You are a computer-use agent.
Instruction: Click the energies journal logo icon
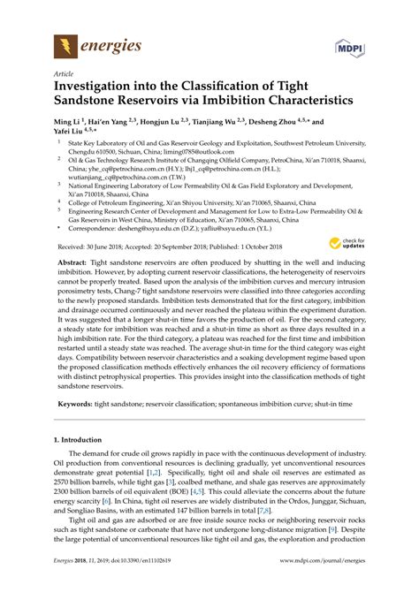click(x=65, y=44)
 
